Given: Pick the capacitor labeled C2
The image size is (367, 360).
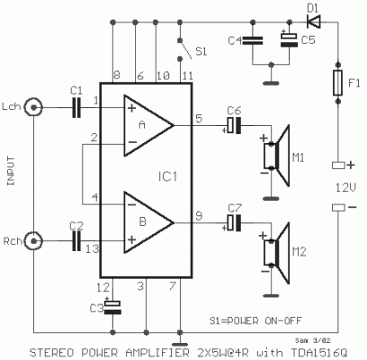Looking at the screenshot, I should tap(75, 240).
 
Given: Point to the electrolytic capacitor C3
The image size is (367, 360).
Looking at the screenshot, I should tap(113, 307).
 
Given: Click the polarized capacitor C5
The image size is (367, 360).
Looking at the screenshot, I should tap(288, 40).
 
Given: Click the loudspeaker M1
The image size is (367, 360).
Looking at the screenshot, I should tap(277, 151).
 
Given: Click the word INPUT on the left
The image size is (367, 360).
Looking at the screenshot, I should tap(12, 171).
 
